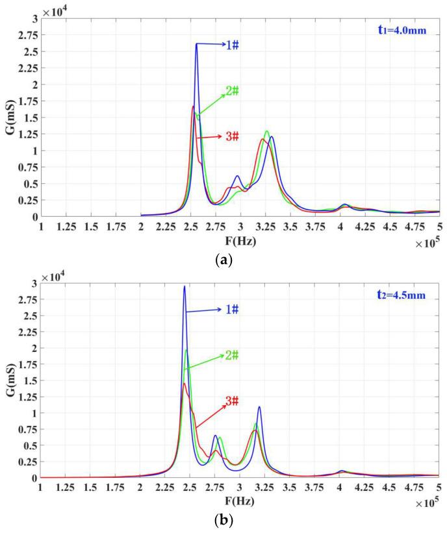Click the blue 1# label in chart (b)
[232, 310]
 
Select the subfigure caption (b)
[224, 521]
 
